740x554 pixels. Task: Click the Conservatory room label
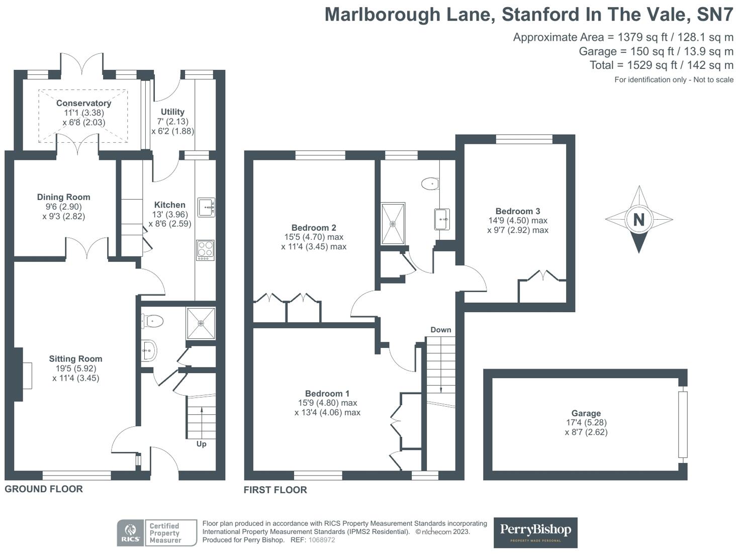pos(83,103)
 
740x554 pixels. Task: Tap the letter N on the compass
pos(638,220)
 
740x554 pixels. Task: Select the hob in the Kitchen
pos(205,250)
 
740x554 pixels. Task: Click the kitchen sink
pos(206,207)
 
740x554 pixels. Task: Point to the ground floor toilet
pos(153,321)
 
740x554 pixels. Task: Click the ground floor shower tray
pos(201,323)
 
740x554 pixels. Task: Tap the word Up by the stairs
pos(201,444)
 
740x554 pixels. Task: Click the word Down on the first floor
pos(440,330)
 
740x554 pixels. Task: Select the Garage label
pos(586,413)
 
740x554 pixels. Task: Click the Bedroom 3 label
pos(517,211)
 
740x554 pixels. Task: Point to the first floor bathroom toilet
pos(431,183)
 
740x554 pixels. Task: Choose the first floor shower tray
pos(393,224)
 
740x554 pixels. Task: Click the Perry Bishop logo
pos(535,532)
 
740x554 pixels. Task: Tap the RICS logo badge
pos(130,533)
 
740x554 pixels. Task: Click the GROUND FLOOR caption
pos(44,489)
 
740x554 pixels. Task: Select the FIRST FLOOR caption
pos(275,490)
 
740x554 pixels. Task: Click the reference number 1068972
pos(321,540)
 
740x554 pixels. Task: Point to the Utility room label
pos(172,112)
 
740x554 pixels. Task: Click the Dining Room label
pos(63,197)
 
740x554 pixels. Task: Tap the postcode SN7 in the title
pos(715,15)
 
